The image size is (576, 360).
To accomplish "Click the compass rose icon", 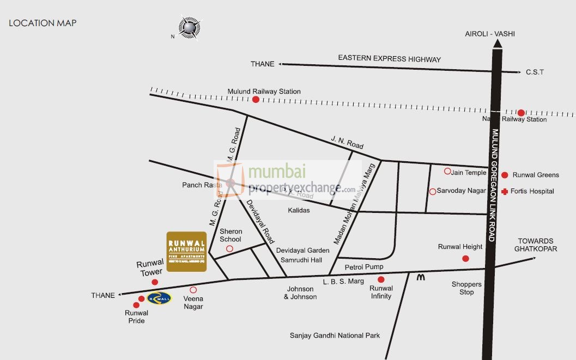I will click(x=190, y=27).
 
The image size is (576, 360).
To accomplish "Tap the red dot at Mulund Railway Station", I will click(x=256, y=99).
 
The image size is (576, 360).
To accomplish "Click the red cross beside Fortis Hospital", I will click(x=505, y=191).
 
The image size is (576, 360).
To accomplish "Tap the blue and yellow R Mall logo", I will click(x=159, y=297).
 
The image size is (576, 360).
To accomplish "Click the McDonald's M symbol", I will click(x=420, y=277).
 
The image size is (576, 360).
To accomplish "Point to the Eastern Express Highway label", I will click(x=389, y=59).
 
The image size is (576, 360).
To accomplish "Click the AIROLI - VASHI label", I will click(x=489, y=34).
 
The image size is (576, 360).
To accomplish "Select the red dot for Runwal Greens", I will click(x=505, y=175).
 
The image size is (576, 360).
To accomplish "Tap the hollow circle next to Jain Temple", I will click(x=447, y=171).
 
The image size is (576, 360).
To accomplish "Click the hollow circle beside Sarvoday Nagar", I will click(x=432, y=191).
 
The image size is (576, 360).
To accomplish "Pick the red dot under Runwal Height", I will click(x=465, y=258).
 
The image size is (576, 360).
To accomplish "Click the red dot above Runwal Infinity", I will click(x=380, y=279).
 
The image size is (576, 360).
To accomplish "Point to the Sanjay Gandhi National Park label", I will click(x=335, y=335).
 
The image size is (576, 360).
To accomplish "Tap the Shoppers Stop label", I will click(x=466, y=288).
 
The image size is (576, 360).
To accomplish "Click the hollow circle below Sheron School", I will click(x=229, y=249).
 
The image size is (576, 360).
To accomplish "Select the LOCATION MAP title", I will click(x=43, y=23).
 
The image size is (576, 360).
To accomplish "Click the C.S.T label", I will click(x=535, y=72).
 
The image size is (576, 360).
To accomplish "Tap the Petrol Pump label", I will click(x=364, y=267).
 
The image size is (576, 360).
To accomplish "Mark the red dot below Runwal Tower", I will click(x=155, y=282).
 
